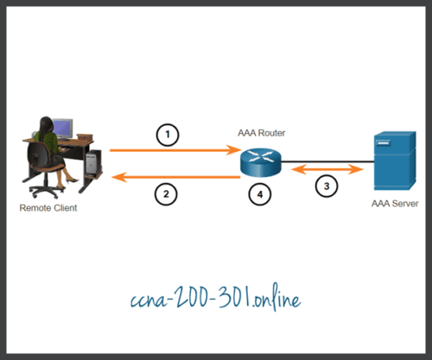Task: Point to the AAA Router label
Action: click(x=260, y=134)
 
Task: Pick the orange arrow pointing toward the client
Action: click(x=173, y=177)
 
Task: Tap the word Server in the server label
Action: click(x=399, y=206)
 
